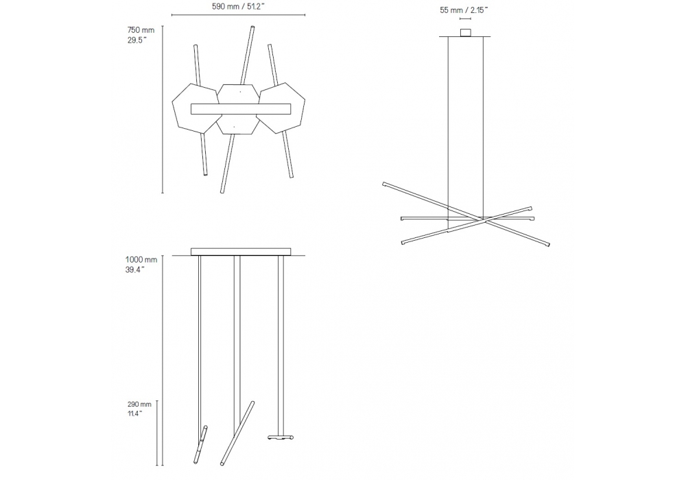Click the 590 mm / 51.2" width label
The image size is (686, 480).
239,7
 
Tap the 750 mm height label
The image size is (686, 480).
141,30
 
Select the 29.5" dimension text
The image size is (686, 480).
137,40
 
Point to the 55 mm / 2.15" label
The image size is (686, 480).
464,10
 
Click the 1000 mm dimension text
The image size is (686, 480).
141,260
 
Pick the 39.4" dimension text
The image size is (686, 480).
135,269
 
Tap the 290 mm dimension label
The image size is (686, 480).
139,405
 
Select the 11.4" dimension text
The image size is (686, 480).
134,413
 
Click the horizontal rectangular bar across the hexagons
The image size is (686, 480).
241,109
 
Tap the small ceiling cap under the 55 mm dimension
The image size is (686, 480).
465,33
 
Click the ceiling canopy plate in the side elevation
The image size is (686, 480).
241,252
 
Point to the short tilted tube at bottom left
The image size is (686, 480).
201,444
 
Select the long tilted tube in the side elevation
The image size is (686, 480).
237,433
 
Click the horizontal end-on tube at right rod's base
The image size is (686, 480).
280,437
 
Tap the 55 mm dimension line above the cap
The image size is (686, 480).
465,19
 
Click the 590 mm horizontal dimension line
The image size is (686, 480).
239,15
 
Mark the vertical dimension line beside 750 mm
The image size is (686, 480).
163,109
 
